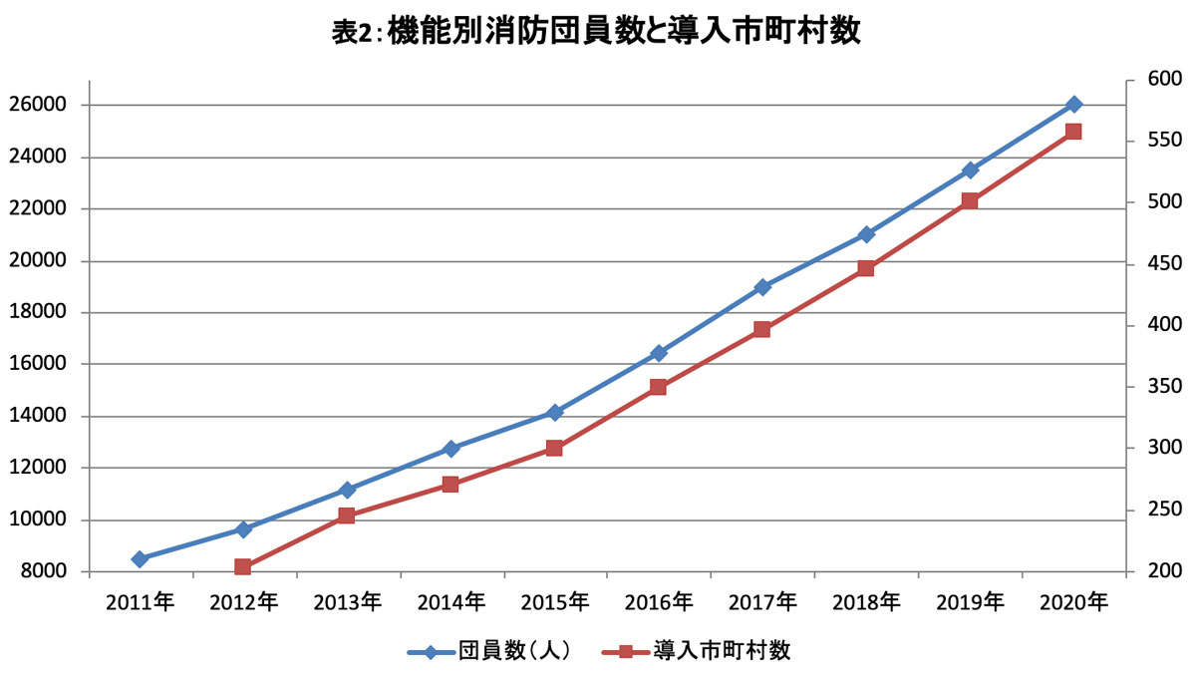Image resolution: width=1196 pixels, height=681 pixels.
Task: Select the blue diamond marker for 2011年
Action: (140, 559)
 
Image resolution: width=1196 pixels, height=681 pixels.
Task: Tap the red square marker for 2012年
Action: (243, 566)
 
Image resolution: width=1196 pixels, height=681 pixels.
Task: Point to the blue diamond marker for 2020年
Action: (1073, 104)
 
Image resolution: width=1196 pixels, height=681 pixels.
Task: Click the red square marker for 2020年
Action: (1073, 132)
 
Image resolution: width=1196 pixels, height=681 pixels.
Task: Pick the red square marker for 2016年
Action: (659, 387)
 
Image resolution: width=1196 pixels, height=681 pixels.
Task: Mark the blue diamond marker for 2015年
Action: (555, 413)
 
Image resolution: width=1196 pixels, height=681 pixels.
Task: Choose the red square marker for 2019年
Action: (970, 200)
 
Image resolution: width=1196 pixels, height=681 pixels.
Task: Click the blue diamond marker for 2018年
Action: (866, 234)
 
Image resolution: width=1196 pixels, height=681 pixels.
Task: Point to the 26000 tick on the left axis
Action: (86, 106)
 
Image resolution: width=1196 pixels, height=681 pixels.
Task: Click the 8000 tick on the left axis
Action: (86, 572)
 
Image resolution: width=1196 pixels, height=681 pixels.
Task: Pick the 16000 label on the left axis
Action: (38, 364)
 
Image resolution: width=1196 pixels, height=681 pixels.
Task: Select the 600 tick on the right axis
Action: (1130, 81)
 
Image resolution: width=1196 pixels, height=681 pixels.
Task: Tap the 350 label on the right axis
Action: (1165, 386)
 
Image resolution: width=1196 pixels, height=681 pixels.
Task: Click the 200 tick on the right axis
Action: (1130, 572)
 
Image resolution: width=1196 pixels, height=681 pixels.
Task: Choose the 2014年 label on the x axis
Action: (451, 602)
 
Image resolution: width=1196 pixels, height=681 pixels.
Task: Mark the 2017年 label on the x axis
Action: (762, 602)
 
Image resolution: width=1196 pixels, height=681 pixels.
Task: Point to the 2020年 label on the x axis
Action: (1073, 602)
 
